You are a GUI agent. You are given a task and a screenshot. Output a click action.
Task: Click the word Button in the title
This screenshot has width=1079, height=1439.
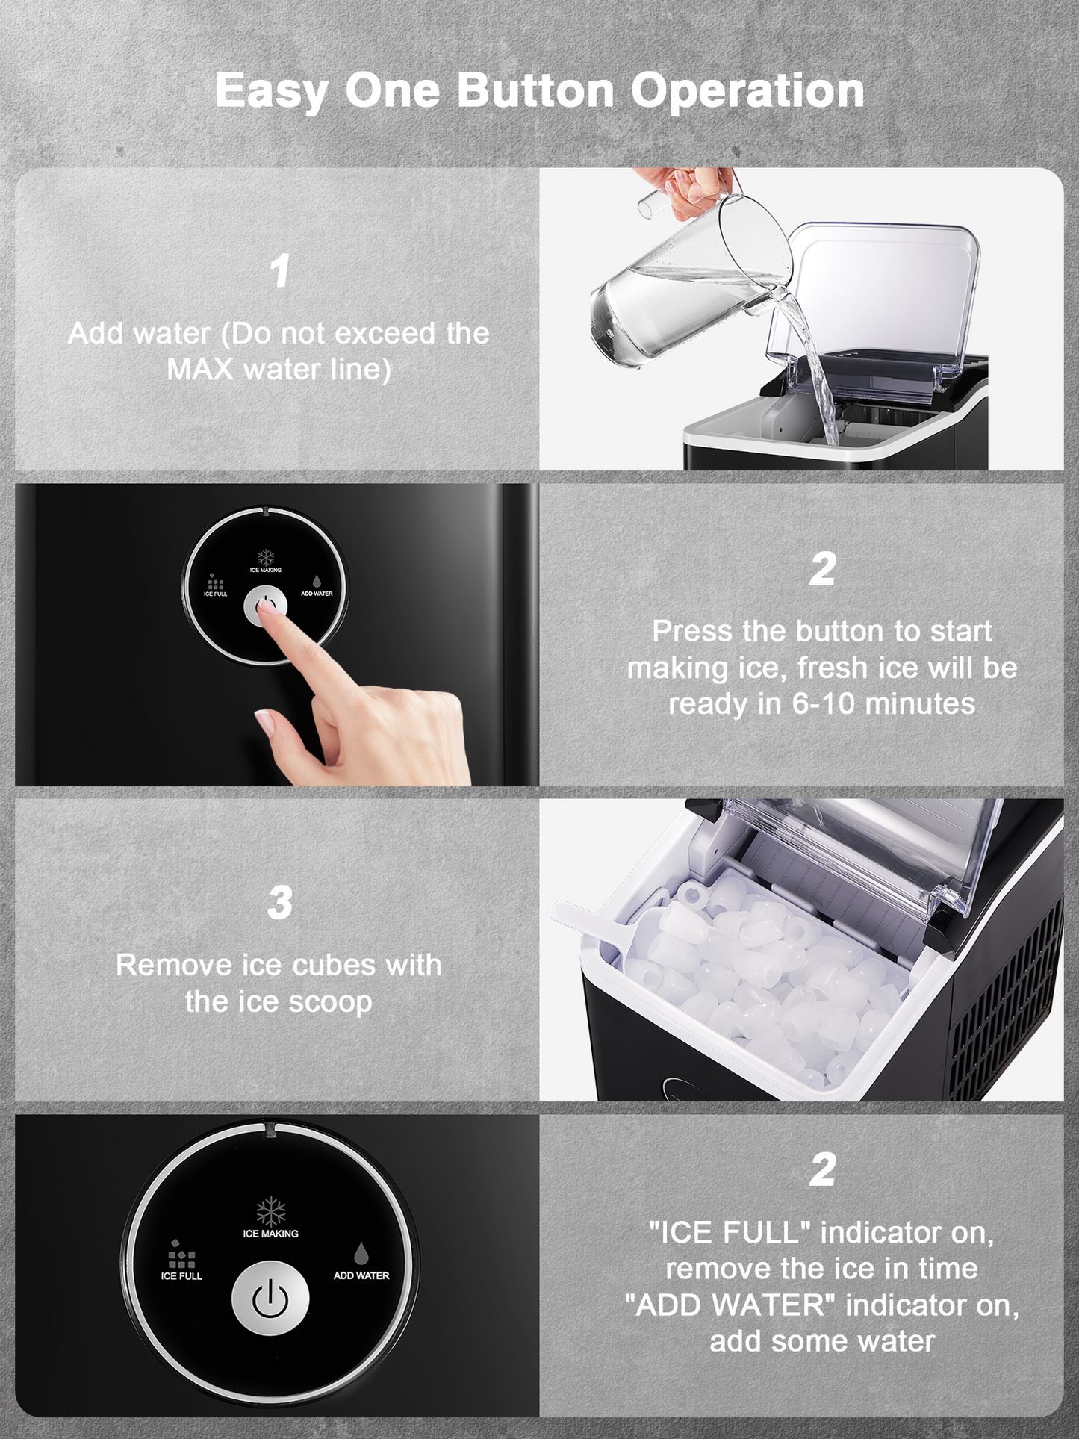pos(535,90)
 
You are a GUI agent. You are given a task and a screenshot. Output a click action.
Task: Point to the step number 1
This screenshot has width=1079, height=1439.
pos(280,270)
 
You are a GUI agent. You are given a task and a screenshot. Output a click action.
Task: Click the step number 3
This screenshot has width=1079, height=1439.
pos(280,902)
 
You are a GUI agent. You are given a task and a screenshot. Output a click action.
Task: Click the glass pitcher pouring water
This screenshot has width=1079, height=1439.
pos(690,285)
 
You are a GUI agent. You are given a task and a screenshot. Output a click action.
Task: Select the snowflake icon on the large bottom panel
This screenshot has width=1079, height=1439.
pos(270,1211)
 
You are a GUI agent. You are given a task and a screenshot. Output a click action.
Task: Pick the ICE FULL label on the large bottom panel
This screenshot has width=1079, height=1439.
pos(181,1276)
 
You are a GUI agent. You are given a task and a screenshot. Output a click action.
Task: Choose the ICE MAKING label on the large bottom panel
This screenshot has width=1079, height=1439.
pos(270,1234)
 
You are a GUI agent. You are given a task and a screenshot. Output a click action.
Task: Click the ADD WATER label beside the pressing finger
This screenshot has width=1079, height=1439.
pos(317,594)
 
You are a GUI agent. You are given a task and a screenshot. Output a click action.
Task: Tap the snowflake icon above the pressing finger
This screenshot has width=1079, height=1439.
pos(266,558)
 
